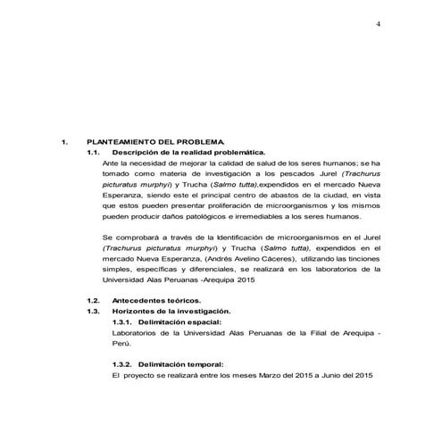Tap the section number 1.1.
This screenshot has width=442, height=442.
(x=93, y=154)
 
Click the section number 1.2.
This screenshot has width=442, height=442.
(x=93, y=301)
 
